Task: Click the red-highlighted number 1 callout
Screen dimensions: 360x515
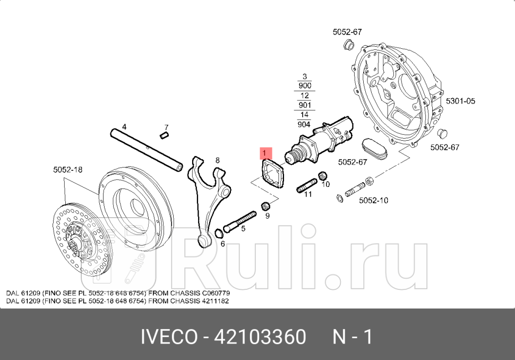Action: coord(265,153)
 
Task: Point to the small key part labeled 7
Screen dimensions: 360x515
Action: coord(164,135)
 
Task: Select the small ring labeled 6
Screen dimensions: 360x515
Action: coord(218,233)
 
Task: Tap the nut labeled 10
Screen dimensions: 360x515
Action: coord(322,175)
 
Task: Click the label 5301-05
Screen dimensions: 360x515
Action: coord(460,100)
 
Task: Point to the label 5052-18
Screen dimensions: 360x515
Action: coord(67,170)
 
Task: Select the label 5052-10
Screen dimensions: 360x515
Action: coord(373,200)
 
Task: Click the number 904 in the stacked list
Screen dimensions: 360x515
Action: coord(304,124)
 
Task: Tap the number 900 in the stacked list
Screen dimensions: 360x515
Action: coord(305,85)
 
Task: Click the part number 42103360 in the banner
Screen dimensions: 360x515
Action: coord(260,337)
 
